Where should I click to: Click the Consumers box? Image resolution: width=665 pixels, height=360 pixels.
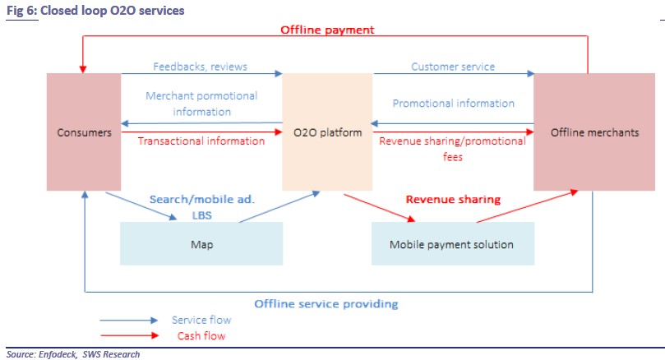click(x=84, y=132)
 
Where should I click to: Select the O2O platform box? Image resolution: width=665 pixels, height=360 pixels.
click(x=327, y=132)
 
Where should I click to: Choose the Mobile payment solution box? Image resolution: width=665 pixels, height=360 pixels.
click(x=452, y=244)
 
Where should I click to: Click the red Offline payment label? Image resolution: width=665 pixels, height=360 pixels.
click(x=327, y=30)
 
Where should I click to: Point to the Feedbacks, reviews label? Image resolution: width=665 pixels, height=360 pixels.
click(x=200, y=67)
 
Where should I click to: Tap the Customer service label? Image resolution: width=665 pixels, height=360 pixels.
click(x=453, y=67)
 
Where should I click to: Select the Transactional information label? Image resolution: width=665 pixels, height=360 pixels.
click(x=201, y=141)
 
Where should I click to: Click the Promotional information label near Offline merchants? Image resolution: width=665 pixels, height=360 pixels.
click(x=453, y=104)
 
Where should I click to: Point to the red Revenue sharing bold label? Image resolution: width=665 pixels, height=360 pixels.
click(x=453, y=199)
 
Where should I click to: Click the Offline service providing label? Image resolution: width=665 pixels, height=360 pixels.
click(x=326, y=303)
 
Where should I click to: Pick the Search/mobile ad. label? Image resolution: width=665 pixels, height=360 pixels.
click(x=201, y=199)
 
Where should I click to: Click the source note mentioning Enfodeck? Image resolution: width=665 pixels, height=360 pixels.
click(x=73, y=354)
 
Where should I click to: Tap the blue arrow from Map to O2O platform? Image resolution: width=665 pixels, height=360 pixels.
click(x=279, y=208)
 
